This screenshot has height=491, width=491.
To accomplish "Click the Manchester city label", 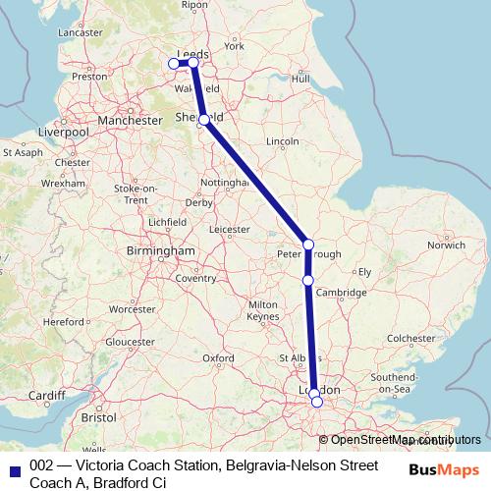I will (x=129, y=120).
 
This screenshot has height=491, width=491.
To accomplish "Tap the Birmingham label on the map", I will (x=161, y=251).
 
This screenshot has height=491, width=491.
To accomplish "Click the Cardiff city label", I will (x=45, y=396).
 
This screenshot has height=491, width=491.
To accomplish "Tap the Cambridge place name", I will (x=347, y=293).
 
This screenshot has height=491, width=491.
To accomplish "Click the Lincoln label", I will (x=283, y=142).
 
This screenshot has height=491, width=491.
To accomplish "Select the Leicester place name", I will (x=230, y=230).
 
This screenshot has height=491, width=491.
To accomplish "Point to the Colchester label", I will (x=410, y=339).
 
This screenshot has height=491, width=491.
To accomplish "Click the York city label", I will (x=234, y=46).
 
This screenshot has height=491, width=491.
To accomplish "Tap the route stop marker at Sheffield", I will (x=203, y=120).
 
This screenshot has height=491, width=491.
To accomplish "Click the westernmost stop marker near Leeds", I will (x=175, y=64).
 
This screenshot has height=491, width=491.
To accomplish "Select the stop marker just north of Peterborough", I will (x=308, y=245).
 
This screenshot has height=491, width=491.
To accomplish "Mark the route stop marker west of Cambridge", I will (x=308, y=281).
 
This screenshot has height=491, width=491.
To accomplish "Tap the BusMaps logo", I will (x=446, y=469).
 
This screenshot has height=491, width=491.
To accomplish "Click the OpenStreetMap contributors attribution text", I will (x=406, y=440).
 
